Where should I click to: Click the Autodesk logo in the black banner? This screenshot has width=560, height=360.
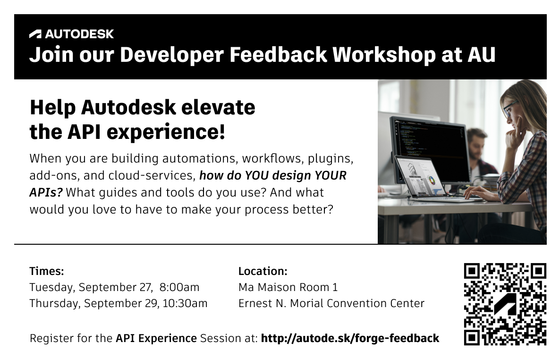pos(71,34)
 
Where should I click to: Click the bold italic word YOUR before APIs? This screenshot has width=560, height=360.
pos(330,176)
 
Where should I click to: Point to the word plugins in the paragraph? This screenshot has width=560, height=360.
pos(333,158)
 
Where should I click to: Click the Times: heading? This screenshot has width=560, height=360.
pos(46,271)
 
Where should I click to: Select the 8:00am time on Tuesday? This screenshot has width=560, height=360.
pos(179,287)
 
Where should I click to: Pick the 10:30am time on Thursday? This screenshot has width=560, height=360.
pos(185,303)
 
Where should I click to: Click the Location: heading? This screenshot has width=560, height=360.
pos(263,271)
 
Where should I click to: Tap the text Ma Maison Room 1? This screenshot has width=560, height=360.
pos(288,287)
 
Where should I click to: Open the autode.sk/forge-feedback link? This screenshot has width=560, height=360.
pos(350,338)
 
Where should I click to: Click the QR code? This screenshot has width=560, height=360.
pos(505,304)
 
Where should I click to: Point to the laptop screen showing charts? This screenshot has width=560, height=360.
pos(420,177)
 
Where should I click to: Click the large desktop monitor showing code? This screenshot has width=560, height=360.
pos(430,142)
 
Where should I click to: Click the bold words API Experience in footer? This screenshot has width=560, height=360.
pos(156,338)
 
